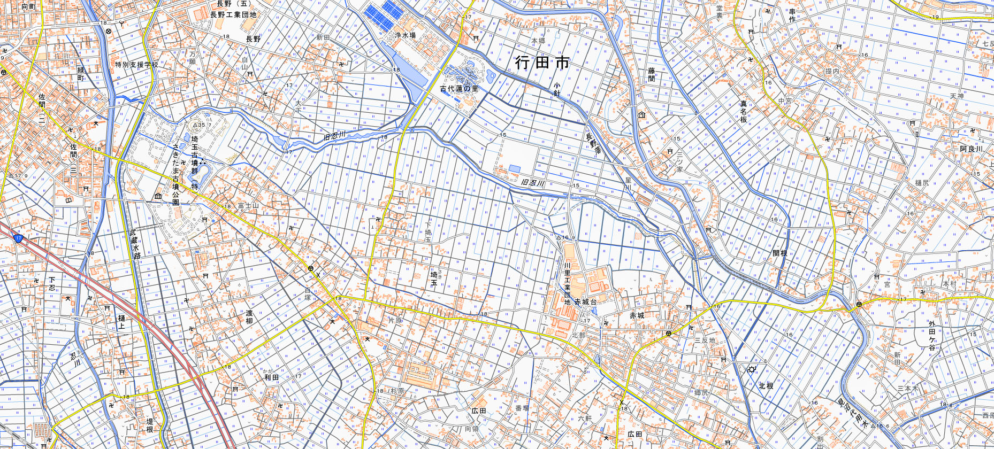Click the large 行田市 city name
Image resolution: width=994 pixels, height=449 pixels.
pyautogui.click(x=542, y=63)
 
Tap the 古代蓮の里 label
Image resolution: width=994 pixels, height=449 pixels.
pyautogui.click(x=458, y=89)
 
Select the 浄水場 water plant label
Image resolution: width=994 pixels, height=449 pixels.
pyautogui.click(x=405, y=35)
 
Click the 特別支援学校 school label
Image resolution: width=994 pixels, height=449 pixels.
pyautogui.click(x=136, y=65)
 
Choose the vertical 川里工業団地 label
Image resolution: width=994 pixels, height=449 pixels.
pyautogui.click(x=567, y=283)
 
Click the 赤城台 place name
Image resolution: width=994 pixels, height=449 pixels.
pyautogui.click(x=585, y=302)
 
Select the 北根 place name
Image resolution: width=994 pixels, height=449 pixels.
pyautogui.click(x=766, y=385)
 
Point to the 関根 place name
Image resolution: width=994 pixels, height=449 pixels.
pyautogui.click(x=779, y=253)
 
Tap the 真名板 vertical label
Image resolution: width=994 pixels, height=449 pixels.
pyautogui.click(x=743, y=111)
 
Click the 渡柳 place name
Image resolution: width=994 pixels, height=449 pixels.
pyautogui.click(x=249, y=317)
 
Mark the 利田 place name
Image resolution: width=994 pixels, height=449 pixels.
pyautogui.click(x=271, y=377)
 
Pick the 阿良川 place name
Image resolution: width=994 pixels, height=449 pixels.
pyautogui.click(x=970, y=149)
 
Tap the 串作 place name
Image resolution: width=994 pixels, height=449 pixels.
pyautogui.click(x=792, y=15)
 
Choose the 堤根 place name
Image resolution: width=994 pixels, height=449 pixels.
pyautogui.click(x=150, y=425)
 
